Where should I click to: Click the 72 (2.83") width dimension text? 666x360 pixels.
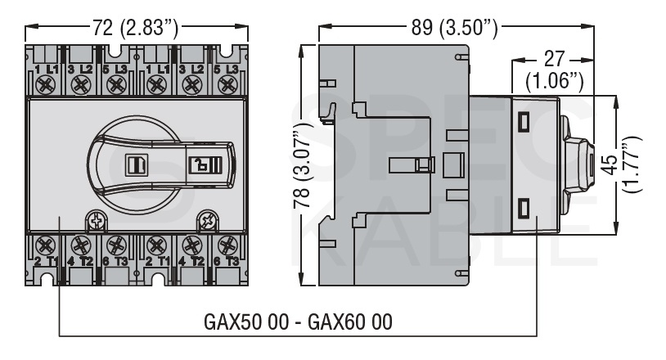(x=136, y=28)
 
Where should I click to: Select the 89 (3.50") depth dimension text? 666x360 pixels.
(x=454, y=28)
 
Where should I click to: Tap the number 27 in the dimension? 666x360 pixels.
(x=554, y=59)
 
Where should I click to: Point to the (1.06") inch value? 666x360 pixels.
(x=554, y=81)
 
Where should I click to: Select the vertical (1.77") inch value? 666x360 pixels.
(x=632, y=164)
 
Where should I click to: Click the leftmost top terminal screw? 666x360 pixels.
(x=46, y=85)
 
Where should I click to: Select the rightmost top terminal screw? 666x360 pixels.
(x=227, y=85)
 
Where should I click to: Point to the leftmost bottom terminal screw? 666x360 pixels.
(x=46, y=245)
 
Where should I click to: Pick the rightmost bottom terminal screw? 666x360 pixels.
(x=227, y=245)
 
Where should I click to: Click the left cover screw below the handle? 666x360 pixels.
(x=97, y=222)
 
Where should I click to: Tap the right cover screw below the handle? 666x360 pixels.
(x=208, y=222)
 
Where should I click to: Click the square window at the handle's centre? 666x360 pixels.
(x=137, y=164)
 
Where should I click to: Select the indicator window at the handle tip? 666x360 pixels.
(x=205, y=164)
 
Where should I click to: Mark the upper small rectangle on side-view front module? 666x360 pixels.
(x=524, y=122)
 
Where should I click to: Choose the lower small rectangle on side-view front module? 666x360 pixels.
(x=524, y=208)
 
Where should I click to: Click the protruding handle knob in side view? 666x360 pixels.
(x=578, y=164)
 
